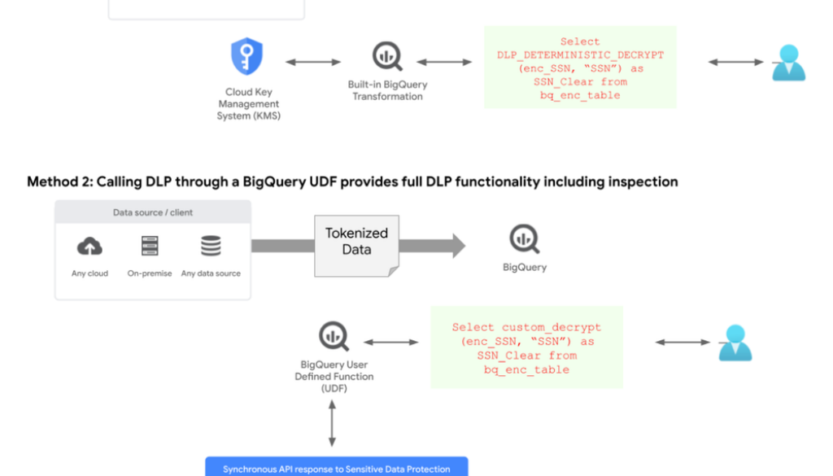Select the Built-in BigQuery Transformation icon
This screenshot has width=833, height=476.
(x=387, y=56)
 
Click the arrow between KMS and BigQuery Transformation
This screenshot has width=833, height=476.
(x=313, y=62)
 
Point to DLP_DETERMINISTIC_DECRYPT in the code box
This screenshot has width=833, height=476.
(x=580, y=55)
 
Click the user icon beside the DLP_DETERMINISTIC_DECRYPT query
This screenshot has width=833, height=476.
(x=788, y=63)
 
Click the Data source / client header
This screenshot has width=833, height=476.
(x=153, y=213)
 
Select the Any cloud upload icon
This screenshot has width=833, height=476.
(x=89, y=247)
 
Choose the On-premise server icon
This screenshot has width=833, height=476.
(x=150, y=247)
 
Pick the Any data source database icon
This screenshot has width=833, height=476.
(x=211, y=247)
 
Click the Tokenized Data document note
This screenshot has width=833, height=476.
(x=356, y=242)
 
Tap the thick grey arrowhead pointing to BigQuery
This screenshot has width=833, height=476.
(x=457, y=246)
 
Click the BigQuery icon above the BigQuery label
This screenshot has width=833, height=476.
(x=525, y=239)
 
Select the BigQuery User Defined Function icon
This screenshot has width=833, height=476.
(x=334, y=336)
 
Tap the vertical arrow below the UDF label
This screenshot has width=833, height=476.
(x=332, y=423)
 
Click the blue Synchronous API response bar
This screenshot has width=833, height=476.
(x=337, y=468)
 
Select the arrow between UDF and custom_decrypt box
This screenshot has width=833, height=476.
(x=390, y=343)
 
